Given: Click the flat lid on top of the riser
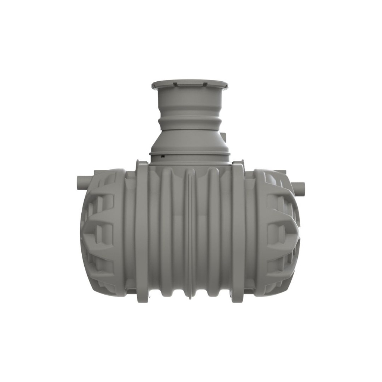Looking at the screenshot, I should coord(190,83).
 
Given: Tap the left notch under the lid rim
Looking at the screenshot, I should coord(175,84).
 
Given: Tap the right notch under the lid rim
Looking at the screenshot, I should coord(204,84).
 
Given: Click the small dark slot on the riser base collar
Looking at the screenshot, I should coord(163,156).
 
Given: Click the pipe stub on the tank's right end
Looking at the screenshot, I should coord(298,185).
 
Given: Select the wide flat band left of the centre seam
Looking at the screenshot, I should coord(142,231).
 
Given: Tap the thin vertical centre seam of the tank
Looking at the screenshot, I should coord(190,231).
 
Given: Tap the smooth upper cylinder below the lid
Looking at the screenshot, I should coord(190,99).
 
